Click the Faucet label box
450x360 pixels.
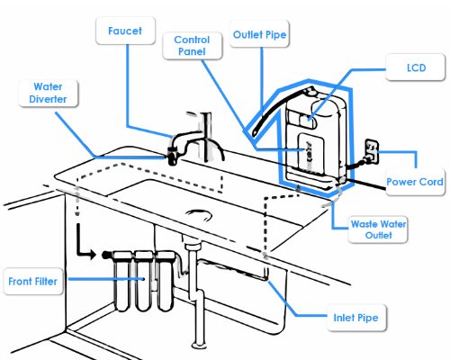tap(125, 31)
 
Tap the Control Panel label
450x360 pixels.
tap(192, 46)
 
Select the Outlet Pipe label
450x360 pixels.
tap(259, 34)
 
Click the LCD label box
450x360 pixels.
tap(416, 67)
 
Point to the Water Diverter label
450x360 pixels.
tap(48, 93)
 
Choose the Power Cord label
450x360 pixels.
tap(415, 182)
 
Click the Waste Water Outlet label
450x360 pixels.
tap(378, 229)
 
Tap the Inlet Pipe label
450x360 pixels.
tap(356, 318)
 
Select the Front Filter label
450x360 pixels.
tap(33, 282)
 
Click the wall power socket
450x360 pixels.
tap(372, 151)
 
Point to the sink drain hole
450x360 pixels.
tap(199, 214)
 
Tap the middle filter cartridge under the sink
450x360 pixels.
tap(143, 282)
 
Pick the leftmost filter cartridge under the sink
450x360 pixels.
tap(122, 282)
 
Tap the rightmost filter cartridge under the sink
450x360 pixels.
tap(164, 282)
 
